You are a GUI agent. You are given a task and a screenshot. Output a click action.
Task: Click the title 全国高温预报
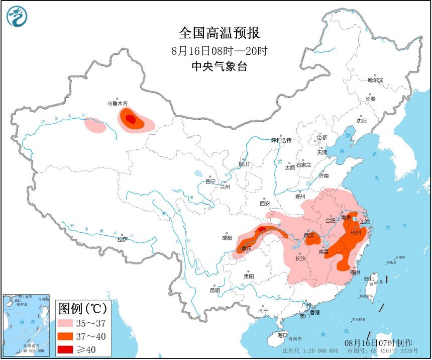point(220,33)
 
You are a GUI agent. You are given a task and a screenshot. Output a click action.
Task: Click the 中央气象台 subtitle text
point(220,67)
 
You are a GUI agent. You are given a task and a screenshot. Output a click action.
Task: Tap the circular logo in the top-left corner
point(17,17)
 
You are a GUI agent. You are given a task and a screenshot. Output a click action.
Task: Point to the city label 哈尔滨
point(375,80)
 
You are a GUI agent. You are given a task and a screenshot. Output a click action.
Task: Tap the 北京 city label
point(321,137)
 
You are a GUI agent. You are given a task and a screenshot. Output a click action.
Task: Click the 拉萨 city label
point(122,240)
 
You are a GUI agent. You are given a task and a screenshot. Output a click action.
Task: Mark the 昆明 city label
point(215,290)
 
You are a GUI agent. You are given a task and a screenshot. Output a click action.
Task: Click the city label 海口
point(283,335)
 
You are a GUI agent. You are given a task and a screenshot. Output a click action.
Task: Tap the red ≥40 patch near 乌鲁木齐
point(131,119)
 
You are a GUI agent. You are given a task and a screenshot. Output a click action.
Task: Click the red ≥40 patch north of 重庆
point(262,229)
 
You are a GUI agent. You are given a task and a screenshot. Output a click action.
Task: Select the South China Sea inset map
point(26,325)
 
